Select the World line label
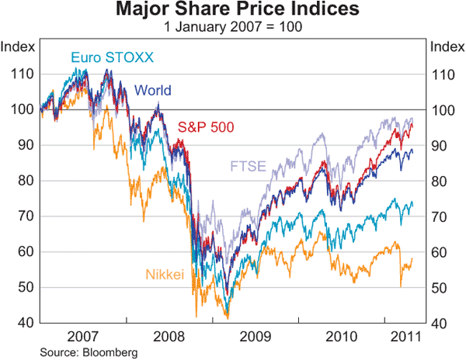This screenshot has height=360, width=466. click(153, 91)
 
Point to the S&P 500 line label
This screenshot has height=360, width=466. click(206, 127)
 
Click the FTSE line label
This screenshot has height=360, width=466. click(246, 166)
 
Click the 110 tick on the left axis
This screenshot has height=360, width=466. click(23, 74)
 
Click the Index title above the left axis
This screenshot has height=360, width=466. click(18, 46)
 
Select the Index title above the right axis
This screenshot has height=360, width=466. click(446, 46)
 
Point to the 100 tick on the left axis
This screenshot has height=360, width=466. click(23, 110)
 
